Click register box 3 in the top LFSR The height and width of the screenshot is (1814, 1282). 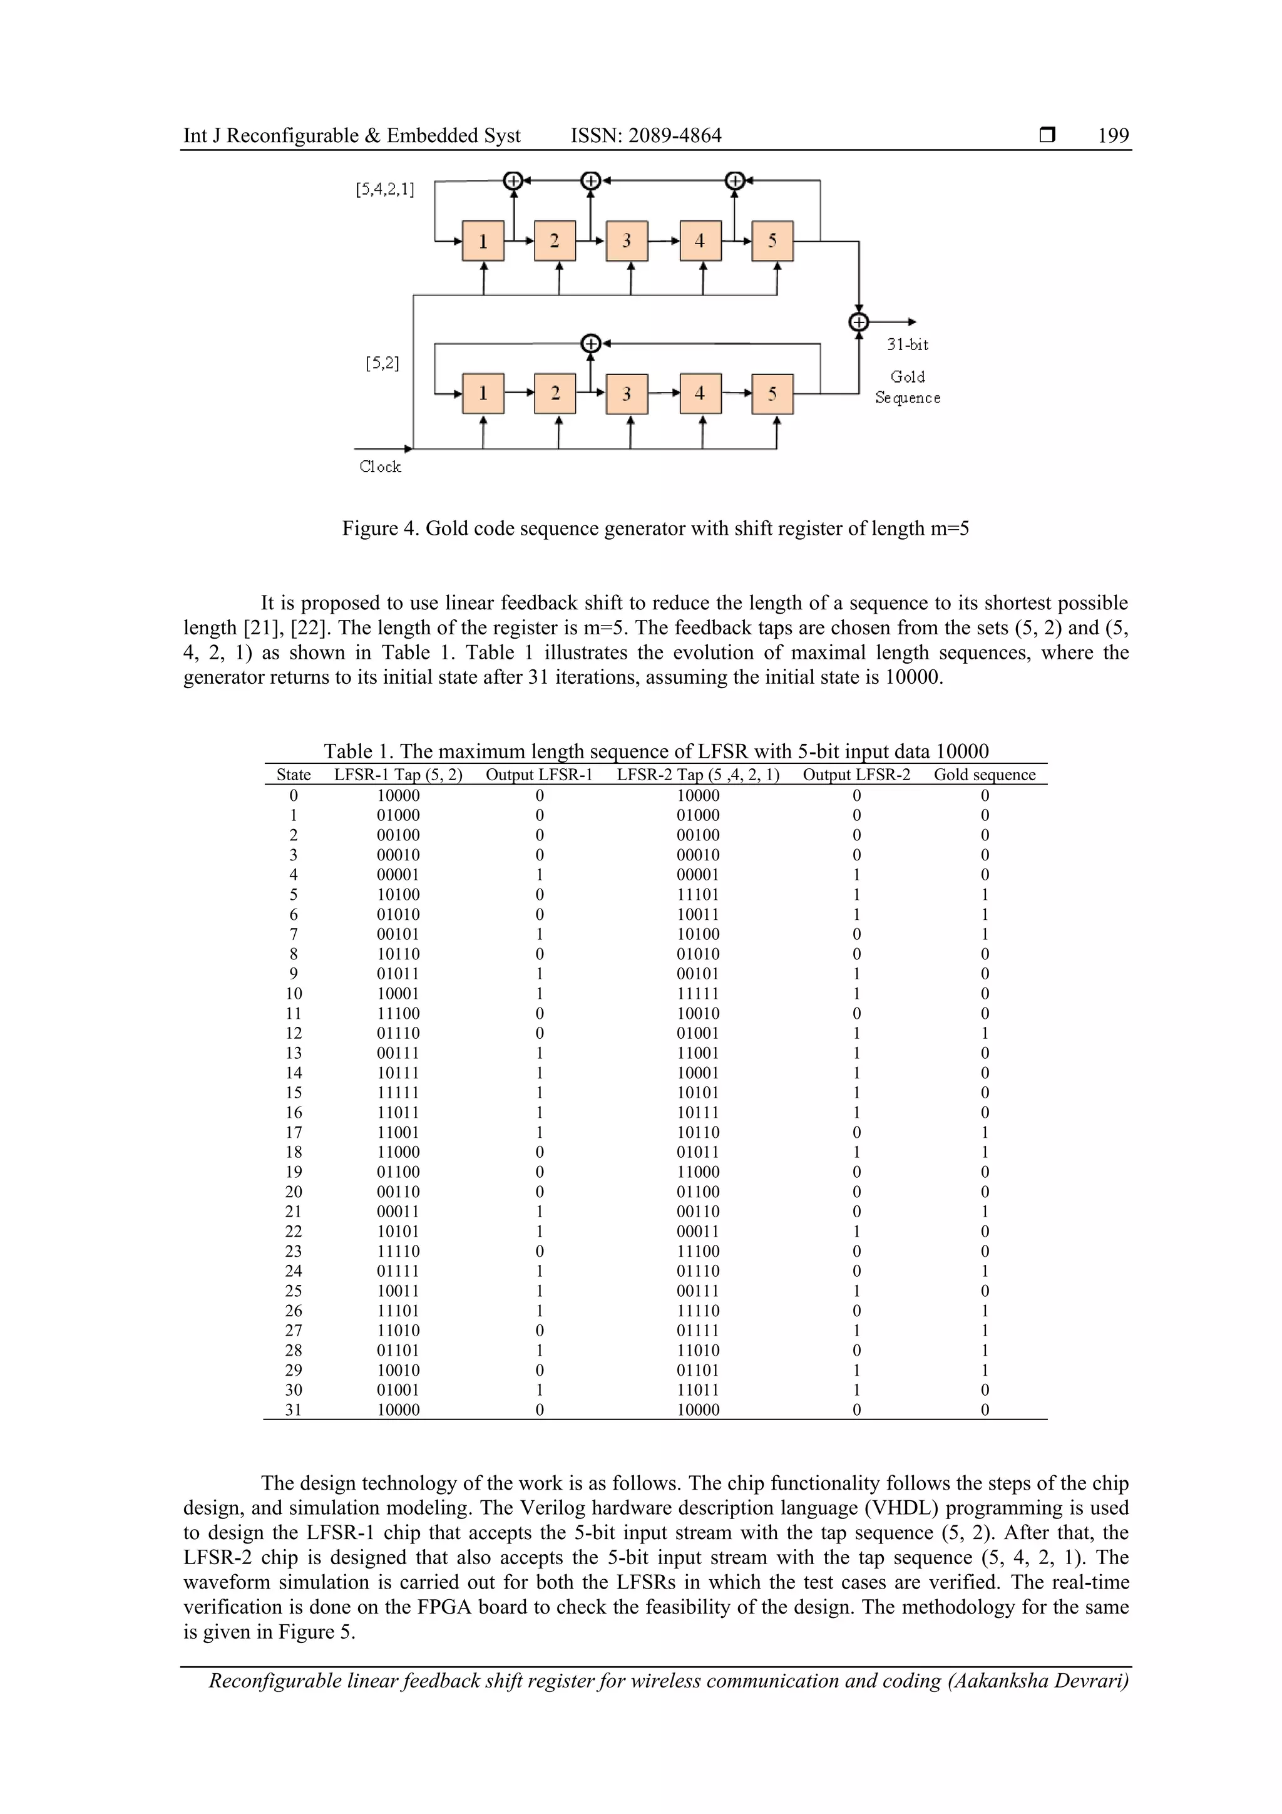coord(627,241)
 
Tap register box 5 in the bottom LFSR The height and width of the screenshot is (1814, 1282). coord(772,393)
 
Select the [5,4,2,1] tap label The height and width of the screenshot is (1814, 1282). coord(385,189)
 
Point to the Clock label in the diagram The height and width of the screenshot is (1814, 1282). coord(380,467)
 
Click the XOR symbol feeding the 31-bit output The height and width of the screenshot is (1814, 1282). coord(859,322)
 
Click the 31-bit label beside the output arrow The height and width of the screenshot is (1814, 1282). coord(908,344)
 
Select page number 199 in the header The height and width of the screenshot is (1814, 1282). coord(1113,136)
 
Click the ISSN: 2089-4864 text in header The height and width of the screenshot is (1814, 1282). coord(645,136)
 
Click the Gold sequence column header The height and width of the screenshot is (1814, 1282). coord(984,775)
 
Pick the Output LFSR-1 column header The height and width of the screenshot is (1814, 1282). coord(539,775)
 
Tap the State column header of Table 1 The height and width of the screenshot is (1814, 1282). coord(293,775)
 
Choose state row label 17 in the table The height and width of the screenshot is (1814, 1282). coord(293,1132)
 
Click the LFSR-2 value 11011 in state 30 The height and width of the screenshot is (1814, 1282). coord(698,1389)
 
